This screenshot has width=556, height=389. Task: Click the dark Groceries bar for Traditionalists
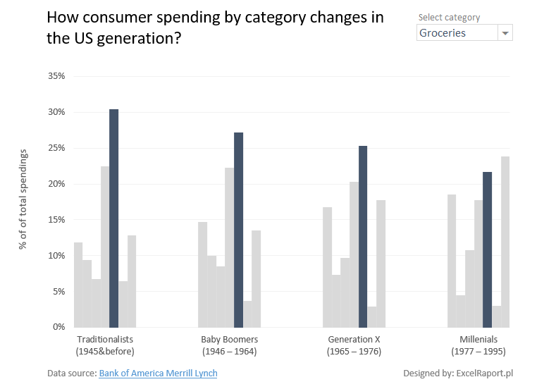[113, 218]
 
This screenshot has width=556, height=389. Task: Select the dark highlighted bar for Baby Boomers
[238, 230]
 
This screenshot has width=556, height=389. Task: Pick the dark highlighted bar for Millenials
[487, 249]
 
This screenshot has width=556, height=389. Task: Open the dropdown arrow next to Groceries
[505, 33]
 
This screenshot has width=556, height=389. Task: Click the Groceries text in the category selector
[443, 33]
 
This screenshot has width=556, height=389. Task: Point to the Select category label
[449, 17]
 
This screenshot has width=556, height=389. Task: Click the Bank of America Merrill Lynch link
[158, 373]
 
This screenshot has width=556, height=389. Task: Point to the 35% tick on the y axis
[56, 76]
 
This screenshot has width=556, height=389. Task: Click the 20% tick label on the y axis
[56, 184]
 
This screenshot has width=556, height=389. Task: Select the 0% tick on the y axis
[59, 327]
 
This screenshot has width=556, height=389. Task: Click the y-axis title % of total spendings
[23, 199]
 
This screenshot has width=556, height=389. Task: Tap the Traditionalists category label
[104, 339]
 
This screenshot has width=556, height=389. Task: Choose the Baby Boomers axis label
[229, 339]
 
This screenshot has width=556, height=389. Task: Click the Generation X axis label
[354, 339]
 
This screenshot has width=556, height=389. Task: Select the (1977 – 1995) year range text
[478, 351]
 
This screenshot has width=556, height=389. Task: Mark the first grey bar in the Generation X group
[327, 267]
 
